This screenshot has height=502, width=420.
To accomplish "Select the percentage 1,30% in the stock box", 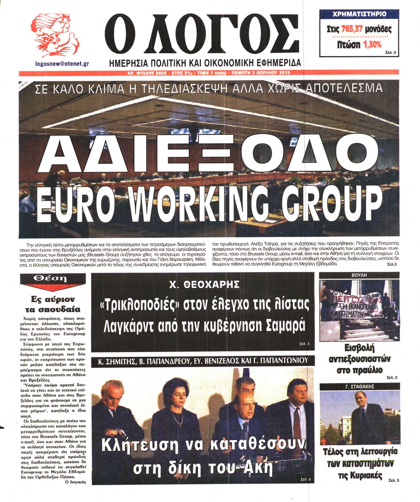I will click(372, 44).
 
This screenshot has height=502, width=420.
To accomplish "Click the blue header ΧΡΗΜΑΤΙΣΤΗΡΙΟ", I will click(359, 14).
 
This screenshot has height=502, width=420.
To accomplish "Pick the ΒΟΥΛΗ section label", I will click(359, 275).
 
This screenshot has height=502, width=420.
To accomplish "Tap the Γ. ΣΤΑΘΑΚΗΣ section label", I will click(359, 387).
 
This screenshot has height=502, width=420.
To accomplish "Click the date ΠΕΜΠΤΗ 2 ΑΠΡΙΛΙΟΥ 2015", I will click(259, 73).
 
